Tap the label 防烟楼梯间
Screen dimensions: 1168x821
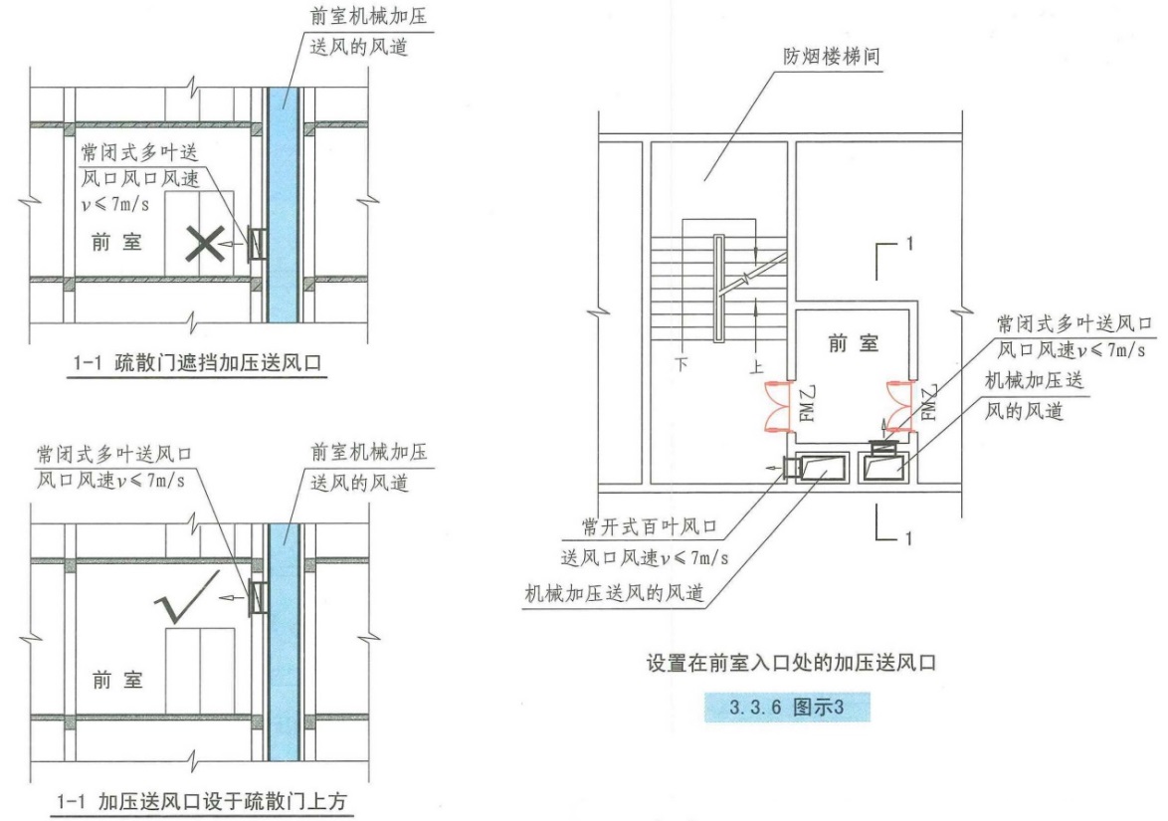[831, 56]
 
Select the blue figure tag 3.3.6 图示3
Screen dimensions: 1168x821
[787, 707]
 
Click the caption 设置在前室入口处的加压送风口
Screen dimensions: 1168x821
[790, 663]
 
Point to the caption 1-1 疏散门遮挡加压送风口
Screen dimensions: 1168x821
[197, 363]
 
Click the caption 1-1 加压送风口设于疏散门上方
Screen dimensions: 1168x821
[201, 801]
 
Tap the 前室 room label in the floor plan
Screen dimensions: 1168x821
[853, 343]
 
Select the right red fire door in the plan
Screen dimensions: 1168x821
[898, 406]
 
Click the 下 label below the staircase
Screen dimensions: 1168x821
[681, 364]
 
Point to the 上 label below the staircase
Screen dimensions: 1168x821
[757, 366]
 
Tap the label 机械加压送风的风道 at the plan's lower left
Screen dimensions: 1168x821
[615, 593]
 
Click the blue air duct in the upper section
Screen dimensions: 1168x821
[284, 205]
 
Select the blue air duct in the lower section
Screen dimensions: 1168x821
[284, 642]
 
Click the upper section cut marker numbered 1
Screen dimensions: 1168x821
[892, 257]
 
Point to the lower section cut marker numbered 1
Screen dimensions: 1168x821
[892, 524]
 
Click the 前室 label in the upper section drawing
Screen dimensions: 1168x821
[116, 242]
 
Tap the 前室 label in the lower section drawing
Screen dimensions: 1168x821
[117, 680]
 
